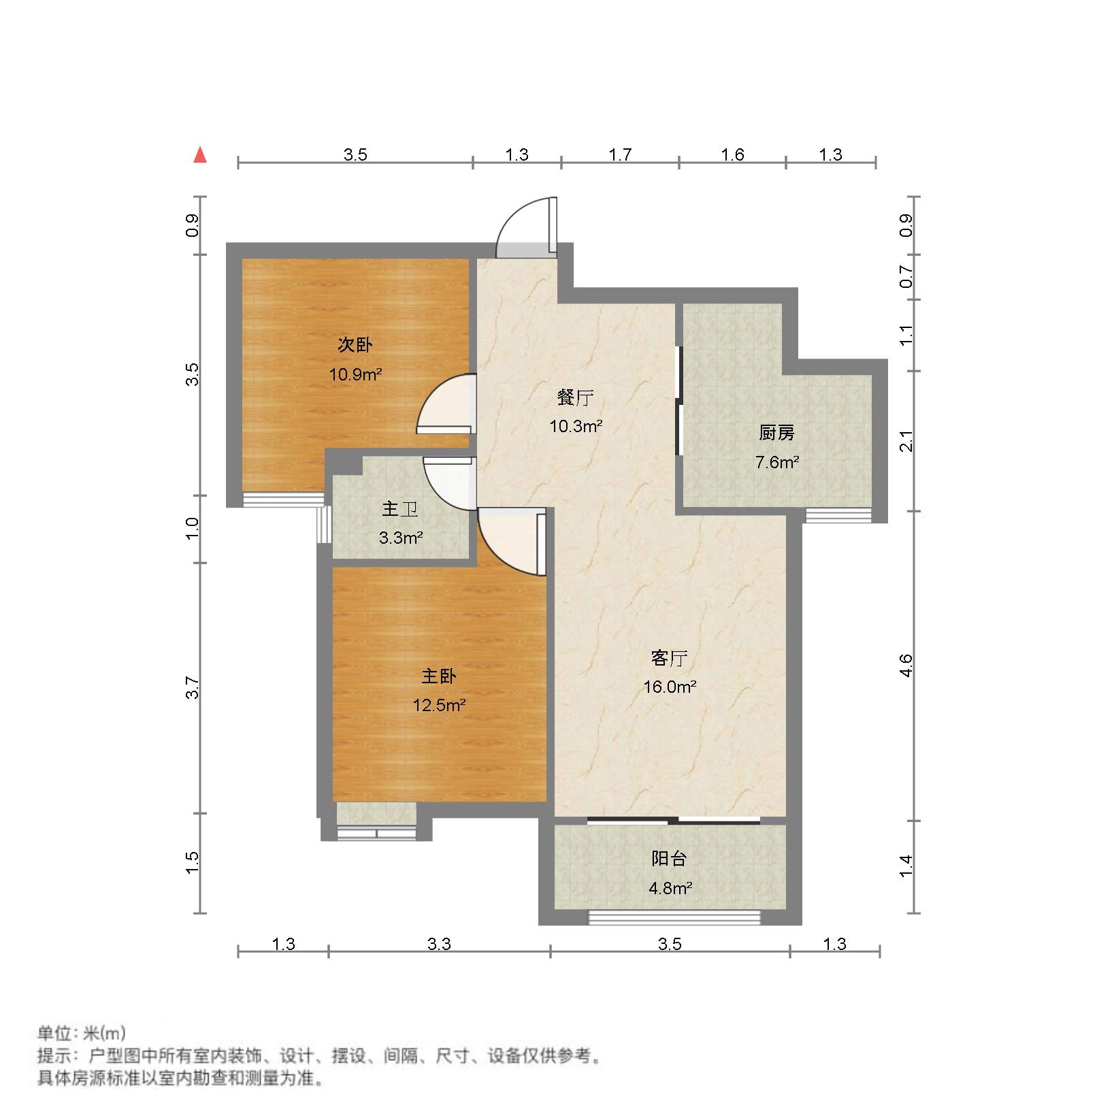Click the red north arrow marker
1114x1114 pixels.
(199, 156)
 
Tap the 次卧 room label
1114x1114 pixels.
(355, 345)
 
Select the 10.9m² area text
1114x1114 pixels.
(355, 374)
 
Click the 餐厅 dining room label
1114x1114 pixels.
(575, 397)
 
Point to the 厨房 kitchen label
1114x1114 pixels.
(776, 433)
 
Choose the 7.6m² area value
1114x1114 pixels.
(776, 463)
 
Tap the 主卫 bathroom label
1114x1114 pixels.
(400, 509)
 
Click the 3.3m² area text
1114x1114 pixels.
(401, 538)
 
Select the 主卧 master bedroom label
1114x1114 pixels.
(439, 676)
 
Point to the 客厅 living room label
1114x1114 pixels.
(670, 658)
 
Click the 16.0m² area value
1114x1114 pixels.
(670, 687)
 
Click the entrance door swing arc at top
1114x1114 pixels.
(523, 225)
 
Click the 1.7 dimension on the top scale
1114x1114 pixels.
(620, 155)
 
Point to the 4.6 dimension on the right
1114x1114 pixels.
(906, 665)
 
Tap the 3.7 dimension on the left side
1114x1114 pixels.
(193, 687)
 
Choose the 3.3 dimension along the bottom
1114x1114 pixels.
(439, 944)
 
